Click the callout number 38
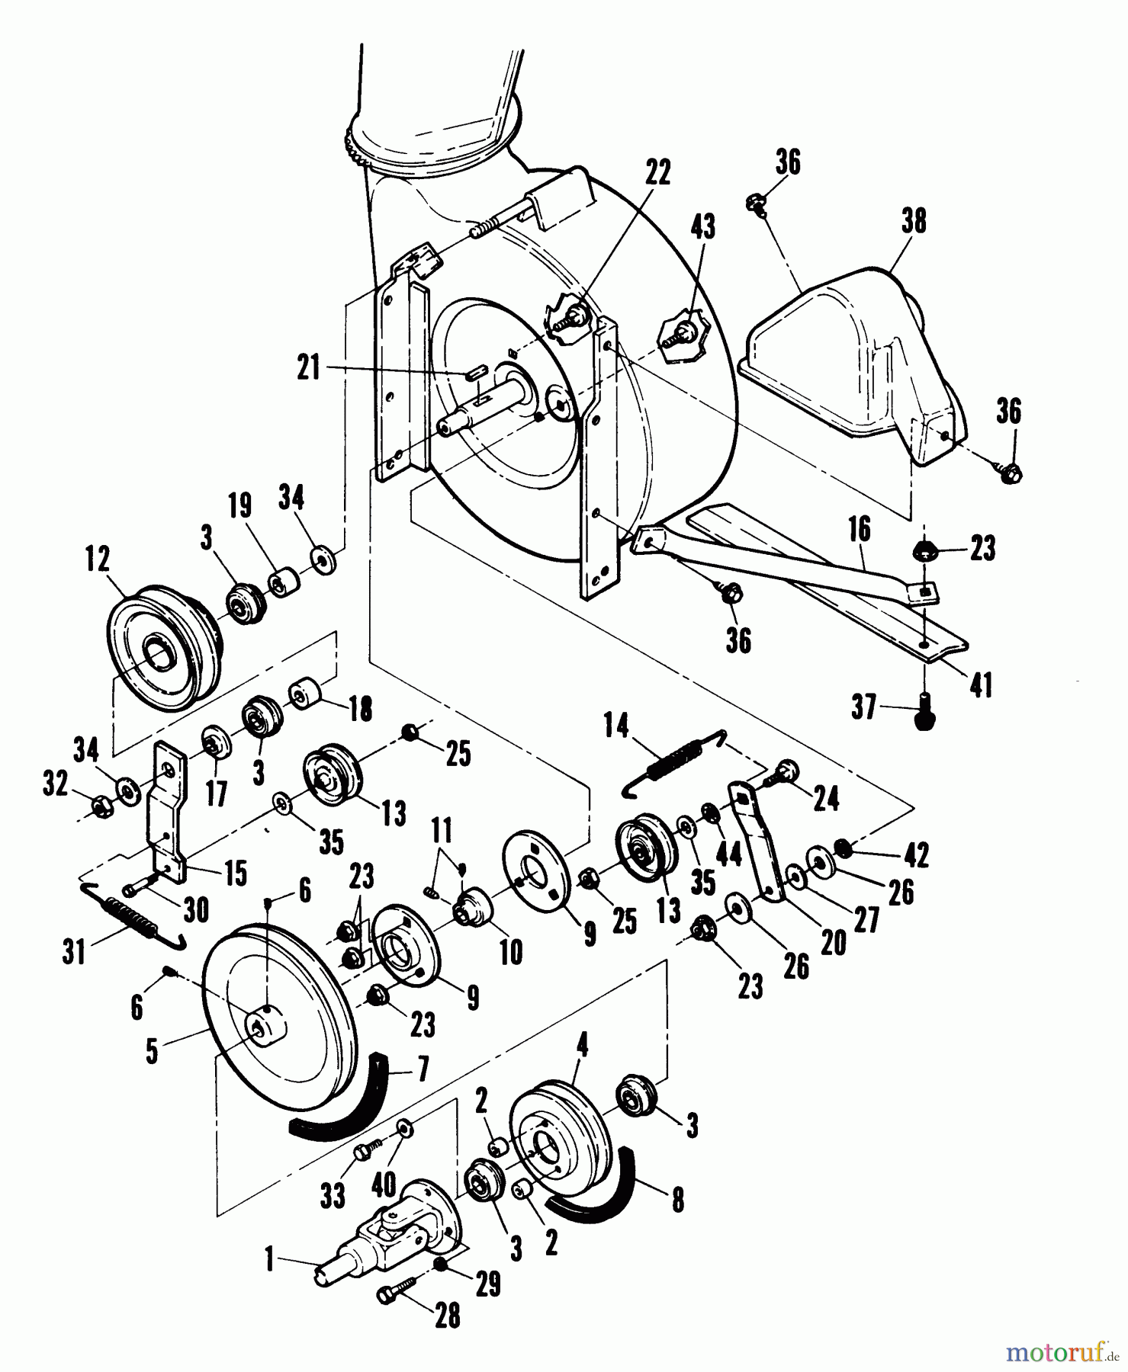click(913, 222)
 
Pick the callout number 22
click(657, 174)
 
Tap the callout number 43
click(702, 226)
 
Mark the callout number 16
click(860, 531)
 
